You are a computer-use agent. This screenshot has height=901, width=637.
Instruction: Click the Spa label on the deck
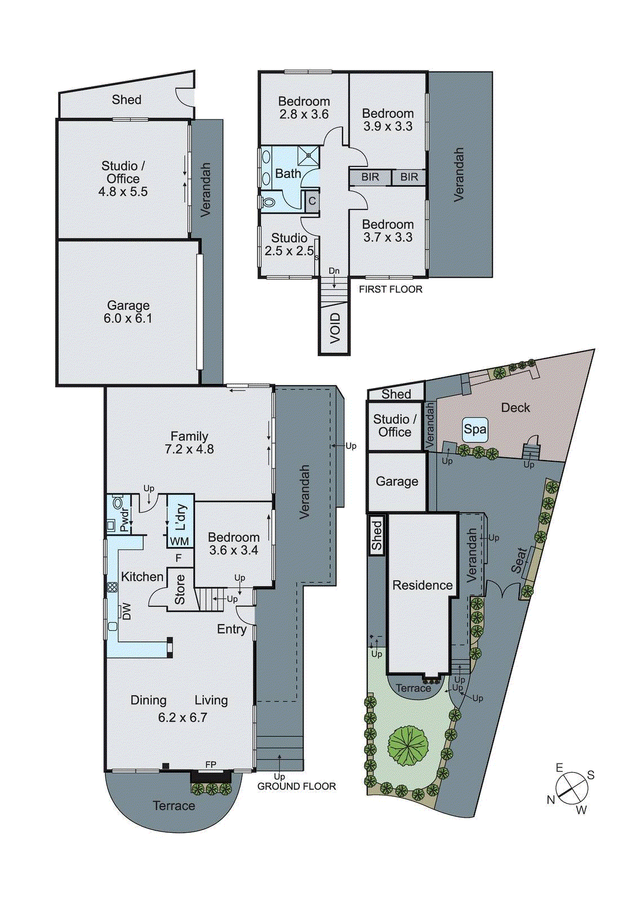click(475, 430)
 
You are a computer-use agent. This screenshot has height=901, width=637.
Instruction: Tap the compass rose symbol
click(571, 788)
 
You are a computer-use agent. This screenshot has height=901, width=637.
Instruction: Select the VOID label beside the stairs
click(335, 328)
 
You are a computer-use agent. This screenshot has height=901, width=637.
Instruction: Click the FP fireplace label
click(211, 765)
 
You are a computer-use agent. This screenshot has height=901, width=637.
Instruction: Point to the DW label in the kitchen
click(126, 612)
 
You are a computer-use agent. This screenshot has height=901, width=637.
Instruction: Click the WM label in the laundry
click(179, 542)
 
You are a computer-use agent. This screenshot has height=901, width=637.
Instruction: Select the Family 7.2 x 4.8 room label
click(189, 443)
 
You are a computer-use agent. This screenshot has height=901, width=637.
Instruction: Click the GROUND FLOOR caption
click(296, 786)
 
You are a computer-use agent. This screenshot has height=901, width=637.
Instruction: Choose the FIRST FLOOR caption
click(390, 289)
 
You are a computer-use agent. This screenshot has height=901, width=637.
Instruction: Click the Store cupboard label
click(180, 590)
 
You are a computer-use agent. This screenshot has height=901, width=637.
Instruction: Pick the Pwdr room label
click(124, 519)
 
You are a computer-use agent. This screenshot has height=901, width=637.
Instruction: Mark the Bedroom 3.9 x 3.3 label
click(387, 120)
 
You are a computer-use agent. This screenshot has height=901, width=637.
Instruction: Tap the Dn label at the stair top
click(334, 271)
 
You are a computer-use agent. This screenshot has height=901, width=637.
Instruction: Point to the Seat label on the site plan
click(519, 560)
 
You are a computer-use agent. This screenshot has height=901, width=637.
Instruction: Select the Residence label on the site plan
click(422, 585)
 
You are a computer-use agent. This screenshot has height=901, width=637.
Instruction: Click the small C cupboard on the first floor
click(312, 201)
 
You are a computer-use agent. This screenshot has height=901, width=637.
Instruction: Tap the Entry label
click(231, 629)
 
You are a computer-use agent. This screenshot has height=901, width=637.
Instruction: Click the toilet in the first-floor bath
click(268, 201)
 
